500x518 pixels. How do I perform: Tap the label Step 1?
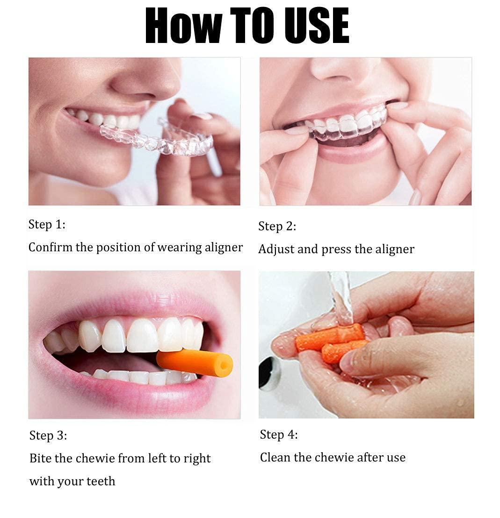pos(47,224)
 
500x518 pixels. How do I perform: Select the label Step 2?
pos(277,227)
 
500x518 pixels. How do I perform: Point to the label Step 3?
pos(48,436)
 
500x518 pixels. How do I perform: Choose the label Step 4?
pos(278,435)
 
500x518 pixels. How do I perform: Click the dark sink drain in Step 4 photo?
pos(269,374)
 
